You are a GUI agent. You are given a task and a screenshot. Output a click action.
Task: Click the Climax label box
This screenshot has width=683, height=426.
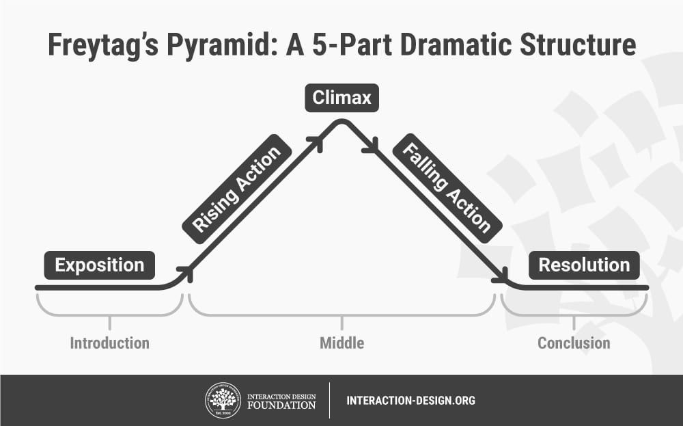point(341,98)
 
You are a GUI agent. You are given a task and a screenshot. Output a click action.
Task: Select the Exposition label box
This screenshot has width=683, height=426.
point(100,265)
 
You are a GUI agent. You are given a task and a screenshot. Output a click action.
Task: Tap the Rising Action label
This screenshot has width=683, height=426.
point(238,189)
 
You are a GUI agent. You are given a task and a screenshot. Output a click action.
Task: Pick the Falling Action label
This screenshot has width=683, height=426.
point(447,188)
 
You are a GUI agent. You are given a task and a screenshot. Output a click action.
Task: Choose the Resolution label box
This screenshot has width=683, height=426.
point(584,265)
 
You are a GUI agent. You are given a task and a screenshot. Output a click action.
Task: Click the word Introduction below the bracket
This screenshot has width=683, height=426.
point(109,343)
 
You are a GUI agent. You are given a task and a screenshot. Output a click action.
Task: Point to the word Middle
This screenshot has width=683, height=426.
point(341,343)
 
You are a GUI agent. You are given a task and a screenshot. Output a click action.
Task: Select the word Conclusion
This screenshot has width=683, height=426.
point(574,343)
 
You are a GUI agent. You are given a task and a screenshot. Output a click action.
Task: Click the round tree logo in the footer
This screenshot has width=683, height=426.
point(223,400)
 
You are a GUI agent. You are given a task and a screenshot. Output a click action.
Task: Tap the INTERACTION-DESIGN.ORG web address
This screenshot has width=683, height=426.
point(410,401)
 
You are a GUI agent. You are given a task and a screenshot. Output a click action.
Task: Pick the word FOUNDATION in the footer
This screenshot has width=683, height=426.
point(282,405)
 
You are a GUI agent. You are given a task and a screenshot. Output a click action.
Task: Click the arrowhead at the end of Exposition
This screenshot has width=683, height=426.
point(186,273)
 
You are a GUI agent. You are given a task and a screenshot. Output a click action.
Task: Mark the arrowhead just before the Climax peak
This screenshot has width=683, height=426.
point(315,141)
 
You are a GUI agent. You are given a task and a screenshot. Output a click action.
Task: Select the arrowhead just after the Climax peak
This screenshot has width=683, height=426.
point(370,146)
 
